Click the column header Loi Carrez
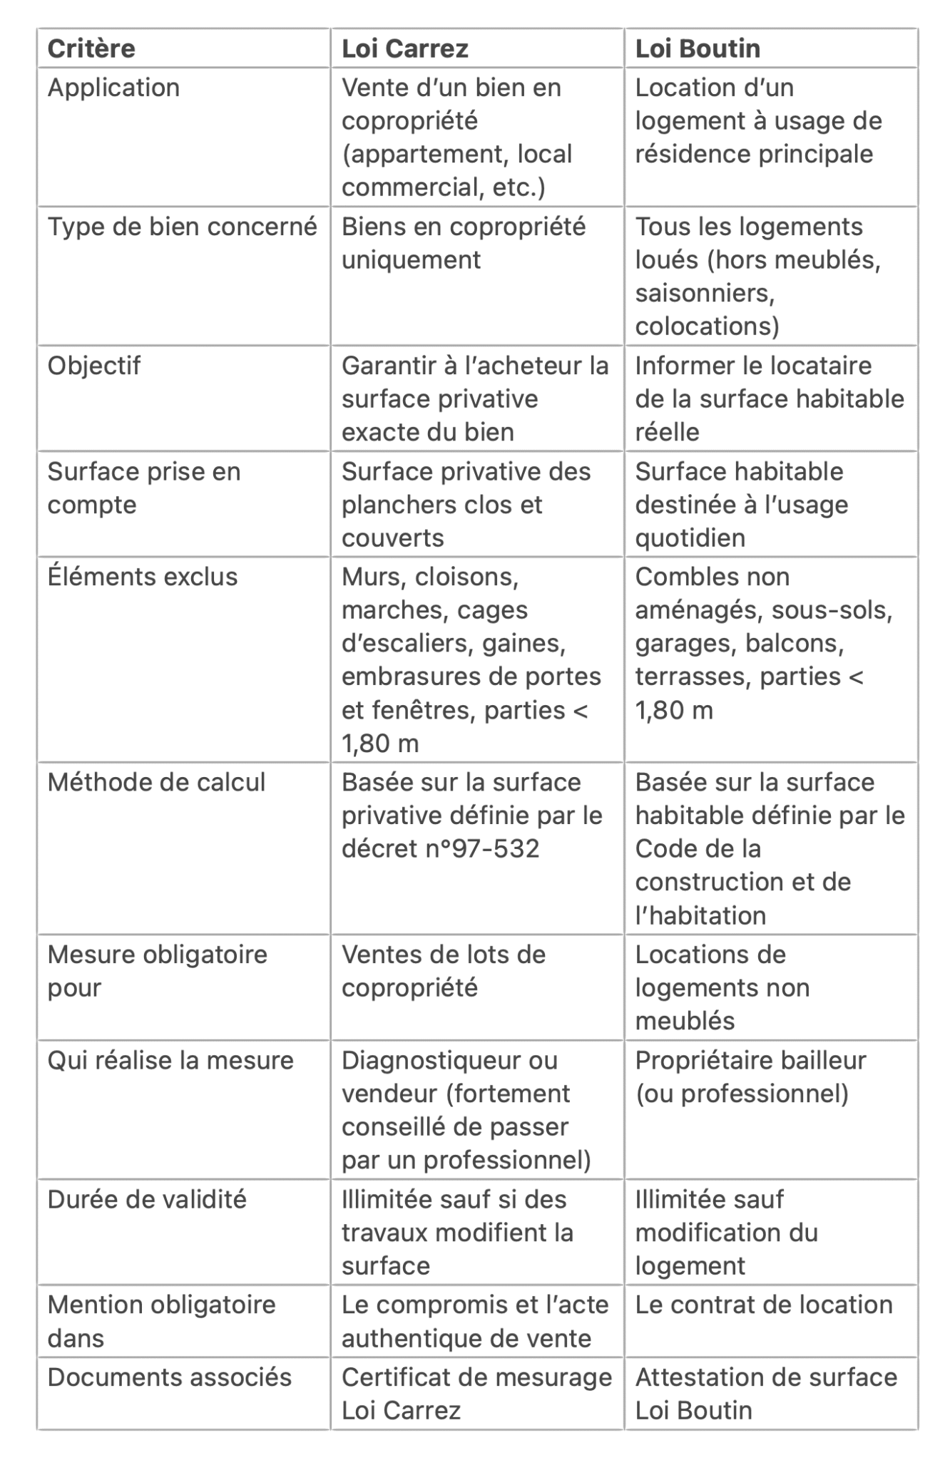(x=404, y=48)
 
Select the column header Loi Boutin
(x=698, y=48)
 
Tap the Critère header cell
(x=91, y=48)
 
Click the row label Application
(x=113, y=88)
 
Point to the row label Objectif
(x=93, y=366)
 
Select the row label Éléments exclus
(x=142, y=577)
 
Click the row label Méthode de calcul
(x=156, y=782)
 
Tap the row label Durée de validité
(x=147, y=1199)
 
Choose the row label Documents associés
(x=169, y=1377)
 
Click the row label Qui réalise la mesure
(x=170, y=1060)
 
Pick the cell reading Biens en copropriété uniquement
(x=463, y=243)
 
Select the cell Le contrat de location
(x=763, y=1304)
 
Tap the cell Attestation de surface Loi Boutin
(x=765, y=1393)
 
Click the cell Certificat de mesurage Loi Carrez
(x=476, y=1393)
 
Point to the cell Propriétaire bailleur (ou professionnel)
(x=750, y=1076)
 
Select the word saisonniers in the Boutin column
(x=704, y=293)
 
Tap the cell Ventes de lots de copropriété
(x=443, y=971)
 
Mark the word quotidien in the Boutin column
(x=690, y=538)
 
